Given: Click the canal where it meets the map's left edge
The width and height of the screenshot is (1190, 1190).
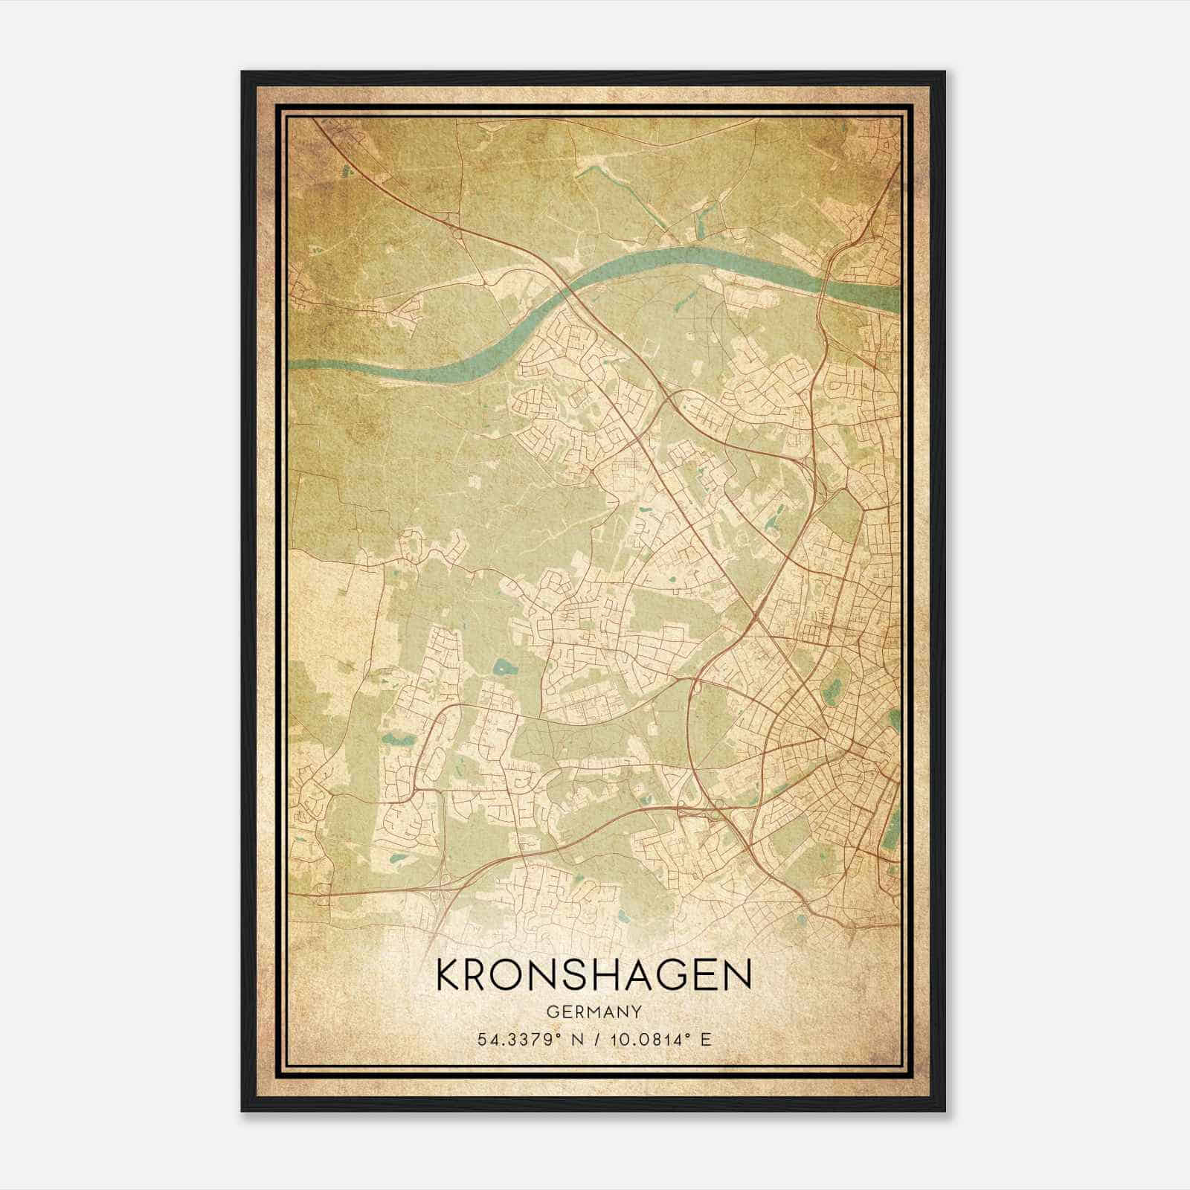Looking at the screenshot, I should coord(292,364).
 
